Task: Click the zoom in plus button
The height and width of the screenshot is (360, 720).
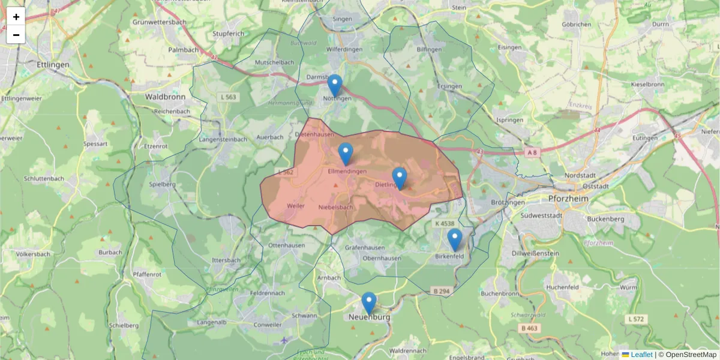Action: click(x=16, y=17)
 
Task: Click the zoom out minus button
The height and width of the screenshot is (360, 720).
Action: click(x=16, y=35)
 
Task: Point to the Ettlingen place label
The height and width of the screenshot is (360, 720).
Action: click(x=53, y=65)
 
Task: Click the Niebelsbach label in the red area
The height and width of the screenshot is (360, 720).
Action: click(x=336, y=207)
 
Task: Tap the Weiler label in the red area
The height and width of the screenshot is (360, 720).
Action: click(x=296, y=205)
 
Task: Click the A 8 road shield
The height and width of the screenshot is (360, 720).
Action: click(x=531, y=153)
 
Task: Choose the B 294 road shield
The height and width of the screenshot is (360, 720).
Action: click(x=440, y=291)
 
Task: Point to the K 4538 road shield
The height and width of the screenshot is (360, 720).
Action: click(x=444, y=223)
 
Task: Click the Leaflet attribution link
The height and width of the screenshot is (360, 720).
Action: click(x=641, y=355)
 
